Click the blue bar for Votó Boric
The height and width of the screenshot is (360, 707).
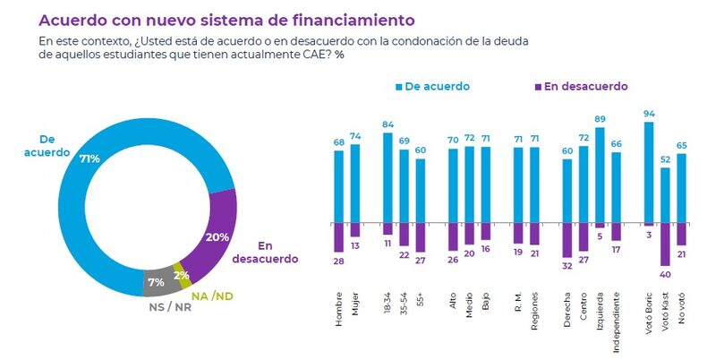point(649,173)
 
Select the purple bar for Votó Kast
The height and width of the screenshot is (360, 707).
point(665,244)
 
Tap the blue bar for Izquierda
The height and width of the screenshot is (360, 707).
point(600,176)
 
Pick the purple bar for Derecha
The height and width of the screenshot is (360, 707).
point(566,239)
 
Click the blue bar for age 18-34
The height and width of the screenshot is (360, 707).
point(388,177)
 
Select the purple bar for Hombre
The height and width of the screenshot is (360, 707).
point(338,237)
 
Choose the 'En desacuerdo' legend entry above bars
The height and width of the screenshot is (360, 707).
point(581,86)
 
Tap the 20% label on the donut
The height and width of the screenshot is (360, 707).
point(217,236)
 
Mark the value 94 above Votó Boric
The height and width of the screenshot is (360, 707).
point(649,115)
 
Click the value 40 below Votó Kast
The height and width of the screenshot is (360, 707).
point(665,273)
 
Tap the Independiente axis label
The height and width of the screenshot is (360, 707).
point(616,324)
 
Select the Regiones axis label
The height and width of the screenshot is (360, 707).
point(535,317)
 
